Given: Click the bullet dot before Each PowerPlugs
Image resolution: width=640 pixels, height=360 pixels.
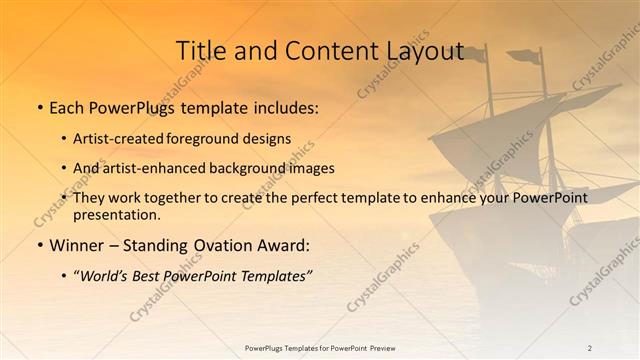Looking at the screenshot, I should (x=39, y=107).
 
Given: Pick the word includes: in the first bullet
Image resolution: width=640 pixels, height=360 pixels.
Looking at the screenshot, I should (x=283, y=107).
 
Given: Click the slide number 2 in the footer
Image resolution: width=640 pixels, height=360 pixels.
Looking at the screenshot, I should (x=590, y=348).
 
